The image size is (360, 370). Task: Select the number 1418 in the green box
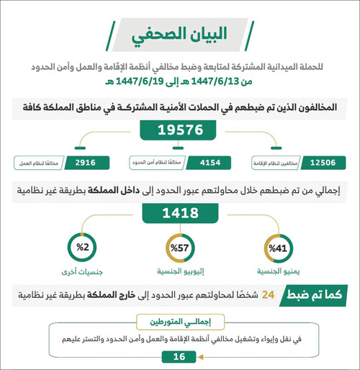tap(180, 214)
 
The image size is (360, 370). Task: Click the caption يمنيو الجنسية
tap(277, 274)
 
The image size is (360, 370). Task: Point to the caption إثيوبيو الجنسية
tap(179, 274)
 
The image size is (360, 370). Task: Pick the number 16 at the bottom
tap(179, 356)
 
